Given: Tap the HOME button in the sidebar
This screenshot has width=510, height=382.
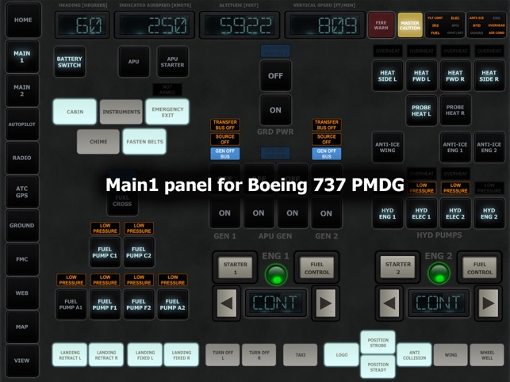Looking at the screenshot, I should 22,21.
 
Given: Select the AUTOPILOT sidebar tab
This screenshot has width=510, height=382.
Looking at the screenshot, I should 22,124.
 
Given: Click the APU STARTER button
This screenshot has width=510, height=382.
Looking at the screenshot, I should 173,61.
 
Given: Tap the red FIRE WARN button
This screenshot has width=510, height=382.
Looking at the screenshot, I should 381,25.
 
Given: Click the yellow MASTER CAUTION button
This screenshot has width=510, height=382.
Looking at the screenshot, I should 410,25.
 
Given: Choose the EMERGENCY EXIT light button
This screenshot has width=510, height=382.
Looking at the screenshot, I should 167,112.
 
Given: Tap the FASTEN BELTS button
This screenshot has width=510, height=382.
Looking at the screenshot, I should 144,142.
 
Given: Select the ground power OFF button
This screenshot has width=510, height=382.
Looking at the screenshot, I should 275,76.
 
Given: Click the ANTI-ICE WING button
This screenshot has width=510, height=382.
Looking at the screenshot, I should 388,146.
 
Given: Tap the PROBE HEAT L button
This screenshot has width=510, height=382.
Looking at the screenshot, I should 421,110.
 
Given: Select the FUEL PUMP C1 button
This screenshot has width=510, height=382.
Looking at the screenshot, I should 105,252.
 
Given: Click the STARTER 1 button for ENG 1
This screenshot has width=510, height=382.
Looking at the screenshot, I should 235,268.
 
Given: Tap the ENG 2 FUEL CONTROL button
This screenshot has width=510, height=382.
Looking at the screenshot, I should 479,268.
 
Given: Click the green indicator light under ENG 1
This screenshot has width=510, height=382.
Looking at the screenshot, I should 276,274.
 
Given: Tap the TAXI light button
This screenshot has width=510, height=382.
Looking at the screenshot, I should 300,355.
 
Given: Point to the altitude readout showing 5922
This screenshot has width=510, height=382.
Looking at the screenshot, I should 239,26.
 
